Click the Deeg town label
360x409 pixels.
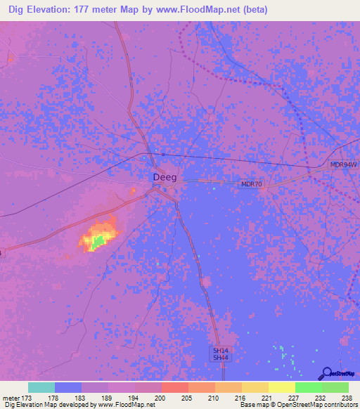pos(165,177)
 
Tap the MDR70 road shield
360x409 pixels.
pos(250,184)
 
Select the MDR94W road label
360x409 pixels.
pos(344,165)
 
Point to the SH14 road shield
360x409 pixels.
pos(221,350)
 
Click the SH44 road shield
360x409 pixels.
pos(221,358)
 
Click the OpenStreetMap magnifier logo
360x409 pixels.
pos(328,373)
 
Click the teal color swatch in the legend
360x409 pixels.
pos(41,387)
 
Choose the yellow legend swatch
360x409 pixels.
pos(281,387)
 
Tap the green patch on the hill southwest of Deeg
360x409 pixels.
pos(99,241)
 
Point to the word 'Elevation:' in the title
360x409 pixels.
pos(55,10)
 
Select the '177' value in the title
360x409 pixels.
pos(96,10)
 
